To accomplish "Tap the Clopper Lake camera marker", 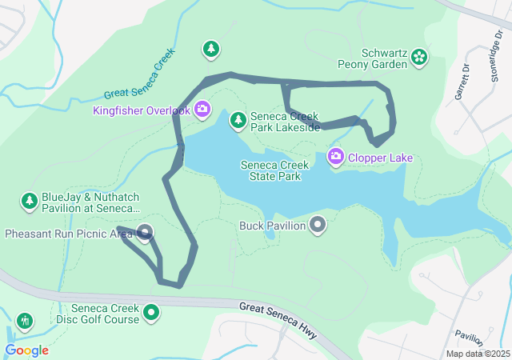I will pyautogui.click(x=336, y=157).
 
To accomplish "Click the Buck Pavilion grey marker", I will pyautogui.click(x=318, y=225).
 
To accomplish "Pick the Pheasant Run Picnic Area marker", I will pyautogui.click(x=145, y=234).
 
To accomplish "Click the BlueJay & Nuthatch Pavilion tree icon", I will pyautogui.click(x=30, y=200).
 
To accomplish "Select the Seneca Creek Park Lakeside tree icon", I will pyautogui.click(x=238, y=121).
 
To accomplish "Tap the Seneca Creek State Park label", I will pyautogui.click(x=274, y=170).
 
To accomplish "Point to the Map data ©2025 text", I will pyautogui.click(x=477, y=354).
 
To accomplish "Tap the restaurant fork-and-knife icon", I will pyautogui.click(x=25, y=322).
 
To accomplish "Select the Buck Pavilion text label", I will pyautogui.click(x=273, y=226).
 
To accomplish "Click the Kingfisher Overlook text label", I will pyautogui.click(x=142, y=110).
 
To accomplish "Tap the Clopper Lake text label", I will pyautogui.click(x=381, y=158).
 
